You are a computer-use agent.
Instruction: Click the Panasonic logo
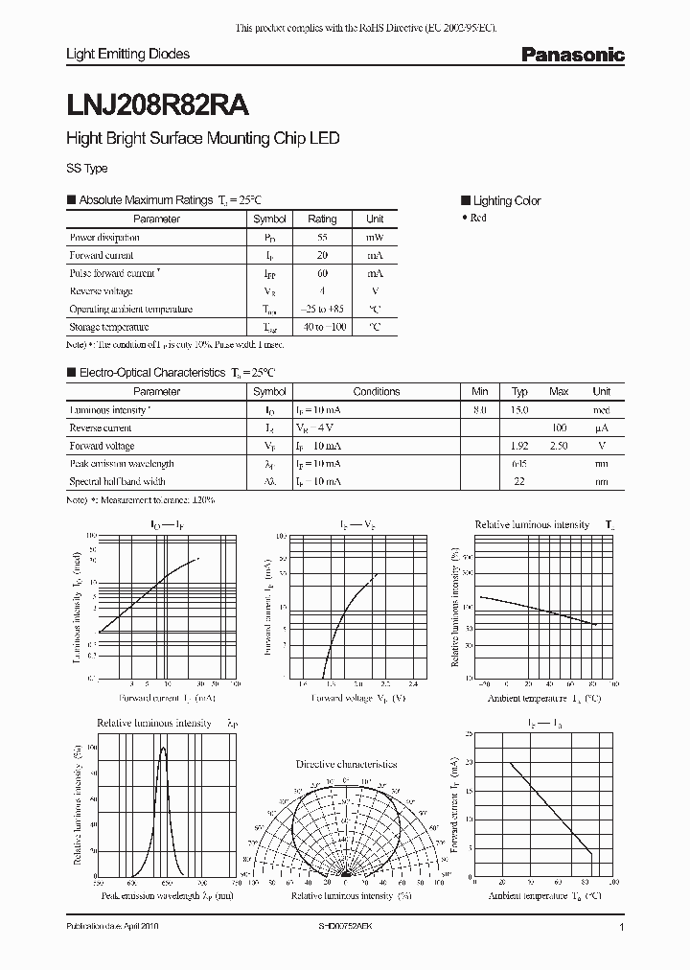572,56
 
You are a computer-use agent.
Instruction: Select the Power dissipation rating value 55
322,237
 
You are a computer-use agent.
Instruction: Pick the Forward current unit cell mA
375,255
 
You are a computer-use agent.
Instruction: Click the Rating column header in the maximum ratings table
322,219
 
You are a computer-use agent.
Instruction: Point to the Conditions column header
377,391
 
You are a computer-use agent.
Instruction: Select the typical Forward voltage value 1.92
518,446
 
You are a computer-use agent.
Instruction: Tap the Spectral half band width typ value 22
518,481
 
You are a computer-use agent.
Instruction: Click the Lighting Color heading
507,200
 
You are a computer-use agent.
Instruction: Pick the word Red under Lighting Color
478,218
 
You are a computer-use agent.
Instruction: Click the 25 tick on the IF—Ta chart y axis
467,733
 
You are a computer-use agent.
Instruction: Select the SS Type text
86,168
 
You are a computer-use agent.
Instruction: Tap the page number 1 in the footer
622,928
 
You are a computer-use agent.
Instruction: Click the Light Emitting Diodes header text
127,55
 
